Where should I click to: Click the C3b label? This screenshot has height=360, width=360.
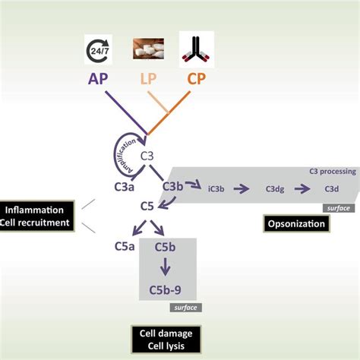173,185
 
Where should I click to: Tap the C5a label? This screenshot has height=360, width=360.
125,246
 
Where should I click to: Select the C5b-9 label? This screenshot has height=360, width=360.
168,289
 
